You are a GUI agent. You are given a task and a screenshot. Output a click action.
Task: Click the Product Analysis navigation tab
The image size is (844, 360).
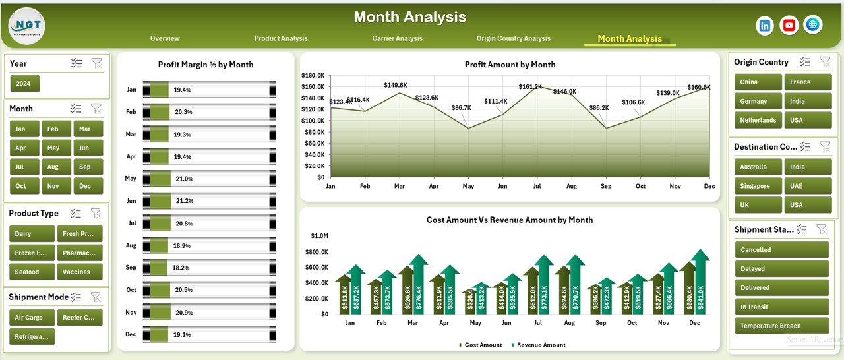pos(281,38)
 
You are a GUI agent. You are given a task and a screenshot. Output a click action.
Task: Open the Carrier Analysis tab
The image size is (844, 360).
pos(397,38)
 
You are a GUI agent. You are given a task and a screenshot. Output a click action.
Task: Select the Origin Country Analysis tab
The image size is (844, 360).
pos(513,38)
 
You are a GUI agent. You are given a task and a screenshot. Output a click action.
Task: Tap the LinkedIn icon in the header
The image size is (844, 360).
pos(765,25)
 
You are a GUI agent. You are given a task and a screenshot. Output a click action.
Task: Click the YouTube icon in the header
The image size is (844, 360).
pos(789,25)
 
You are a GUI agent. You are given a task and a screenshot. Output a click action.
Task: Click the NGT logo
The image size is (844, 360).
pos(27,26)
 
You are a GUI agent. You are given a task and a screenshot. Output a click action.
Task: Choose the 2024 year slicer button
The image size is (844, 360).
pos(25,84)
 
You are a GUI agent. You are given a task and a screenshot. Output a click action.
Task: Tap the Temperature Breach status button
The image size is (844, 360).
pos(781,326)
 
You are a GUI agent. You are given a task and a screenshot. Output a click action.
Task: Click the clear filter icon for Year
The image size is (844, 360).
pos(97,63)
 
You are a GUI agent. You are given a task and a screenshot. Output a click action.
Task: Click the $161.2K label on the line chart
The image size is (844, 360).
pos(529,86)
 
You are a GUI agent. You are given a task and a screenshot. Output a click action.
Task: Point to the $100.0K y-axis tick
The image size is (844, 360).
pos(313,121)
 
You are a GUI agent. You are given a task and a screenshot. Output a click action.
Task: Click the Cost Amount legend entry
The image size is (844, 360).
pos(481,345)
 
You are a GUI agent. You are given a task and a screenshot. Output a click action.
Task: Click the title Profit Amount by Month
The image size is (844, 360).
pos(510,65)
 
